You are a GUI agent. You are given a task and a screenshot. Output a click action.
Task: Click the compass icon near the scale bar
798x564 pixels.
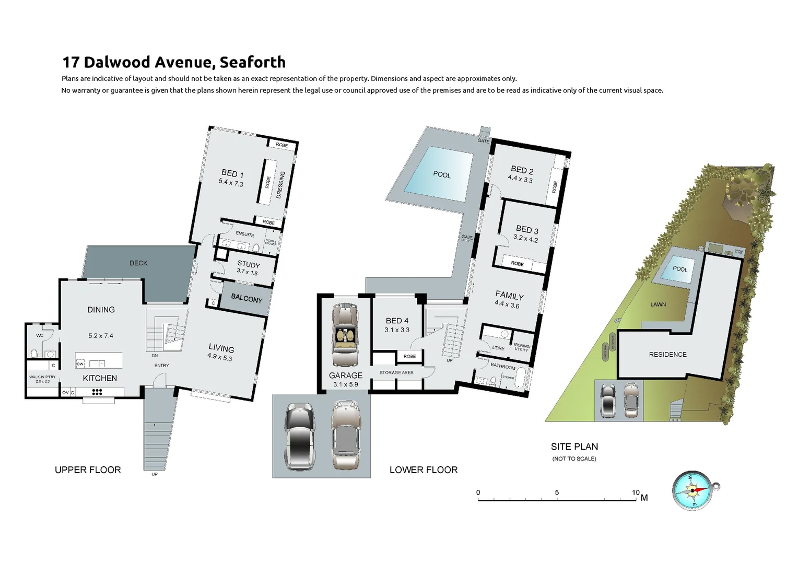693,490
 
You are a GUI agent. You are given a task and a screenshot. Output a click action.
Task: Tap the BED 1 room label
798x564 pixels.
232,173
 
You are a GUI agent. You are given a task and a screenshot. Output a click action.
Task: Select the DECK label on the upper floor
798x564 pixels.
138,263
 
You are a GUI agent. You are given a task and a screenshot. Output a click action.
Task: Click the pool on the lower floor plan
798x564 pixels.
441,174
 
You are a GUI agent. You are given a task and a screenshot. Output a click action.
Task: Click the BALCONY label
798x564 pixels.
247,299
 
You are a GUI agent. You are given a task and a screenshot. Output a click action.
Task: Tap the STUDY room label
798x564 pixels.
248,265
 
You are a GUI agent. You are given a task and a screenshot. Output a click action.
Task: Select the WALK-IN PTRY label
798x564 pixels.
42,377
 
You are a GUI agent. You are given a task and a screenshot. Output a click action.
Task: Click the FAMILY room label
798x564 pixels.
509,296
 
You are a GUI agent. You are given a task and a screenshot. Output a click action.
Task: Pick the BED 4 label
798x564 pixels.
397,321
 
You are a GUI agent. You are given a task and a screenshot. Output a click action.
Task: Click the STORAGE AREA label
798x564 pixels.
396,372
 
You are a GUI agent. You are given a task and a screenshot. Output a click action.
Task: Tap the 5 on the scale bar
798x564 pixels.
557,492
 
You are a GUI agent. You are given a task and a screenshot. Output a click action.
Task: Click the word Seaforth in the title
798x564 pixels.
252,62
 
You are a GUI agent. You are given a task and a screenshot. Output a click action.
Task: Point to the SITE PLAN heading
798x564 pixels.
574,446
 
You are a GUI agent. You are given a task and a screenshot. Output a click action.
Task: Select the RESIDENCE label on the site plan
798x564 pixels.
667,354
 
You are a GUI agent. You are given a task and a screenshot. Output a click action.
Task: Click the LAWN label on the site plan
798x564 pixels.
658,304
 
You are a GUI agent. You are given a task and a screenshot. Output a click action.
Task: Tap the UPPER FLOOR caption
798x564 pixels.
88,470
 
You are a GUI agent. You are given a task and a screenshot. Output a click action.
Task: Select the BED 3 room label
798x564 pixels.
526,230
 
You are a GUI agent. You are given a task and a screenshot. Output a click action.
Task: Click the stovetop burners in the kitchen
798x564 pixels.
97,392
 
